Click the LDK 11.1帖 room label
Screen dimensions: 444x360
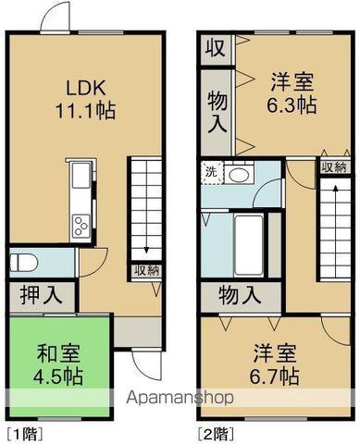tap(89, 97)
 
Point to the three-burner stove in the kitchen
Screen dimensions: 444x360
tap(81, 225)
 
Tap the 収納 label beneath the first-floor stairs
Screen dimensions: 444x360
tap(146, 271)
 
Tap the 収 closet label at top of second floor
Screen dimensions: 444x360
tap(214, 47)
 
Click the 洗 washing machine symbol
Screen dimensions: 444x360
tap(211, 171)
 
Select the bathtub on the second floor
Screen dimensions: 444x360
tap(248, 242)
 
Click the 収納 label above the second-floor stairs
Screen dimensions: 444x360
tap(333, 167)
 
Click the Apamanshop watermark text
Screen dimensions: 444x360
tap(180, 398)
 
